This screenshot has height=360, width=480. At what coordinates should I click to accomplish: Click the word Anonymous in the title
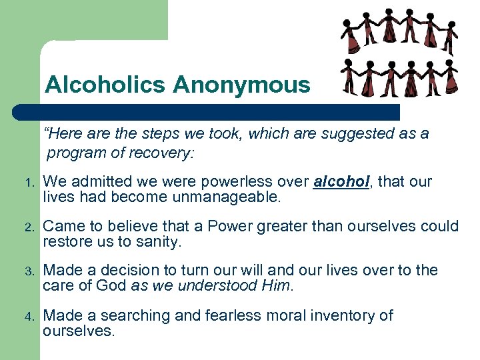pyautogui.click(x=241, y=85)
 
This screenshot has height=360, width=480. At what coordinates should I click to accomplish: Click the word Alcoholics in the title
pyautogui.click(x=105, y=85)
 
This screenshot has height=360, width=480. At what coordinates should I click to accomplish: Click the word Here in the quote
pyautogui.click(x=63, y=134)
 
